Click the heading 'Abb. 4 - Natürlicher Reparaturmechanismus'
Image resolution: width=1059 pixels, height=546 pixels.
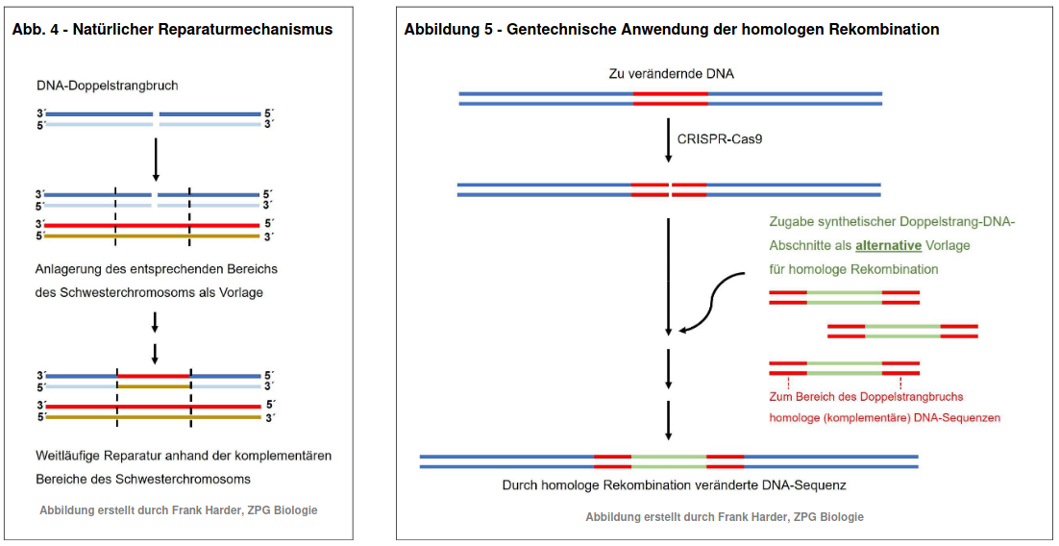coord(172,30)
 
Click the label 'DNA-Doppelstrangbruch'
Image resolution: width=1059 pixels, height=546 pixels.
coord(107,86)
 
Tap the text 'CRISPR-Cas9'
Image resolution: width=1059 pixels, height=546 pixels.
coord(721,139)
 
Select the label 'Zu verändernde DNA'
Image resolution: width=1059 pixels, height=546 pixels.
coord(671,73)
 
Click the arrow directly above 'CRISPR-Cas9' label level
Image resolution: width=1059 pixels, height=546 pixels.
coord(669,139)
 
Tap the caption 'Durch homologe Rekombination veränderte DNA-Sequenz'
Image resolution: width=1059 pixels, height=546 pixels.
coord(674,485)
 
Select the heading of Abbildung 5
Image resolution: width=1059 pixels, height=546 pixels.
coord(672,30)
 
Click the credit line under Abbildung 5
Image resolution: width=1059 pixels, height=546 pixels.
coord(725,517)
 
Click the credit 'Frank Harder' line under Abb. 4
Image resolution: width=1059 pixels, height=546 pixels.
coord(178,510)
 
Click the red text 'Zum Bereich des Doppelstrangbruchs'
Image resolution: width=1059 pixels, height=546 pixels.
coord(866,396)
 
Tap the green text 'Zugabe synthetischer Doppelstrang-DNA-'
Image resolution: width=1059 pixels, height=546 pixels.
coord(892,222)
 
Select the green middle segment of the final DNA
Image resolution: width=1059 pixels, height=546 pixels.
coord(669,460)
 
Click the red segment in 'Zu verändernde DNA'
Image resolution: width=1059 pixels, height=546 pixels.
coord(671,97)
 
